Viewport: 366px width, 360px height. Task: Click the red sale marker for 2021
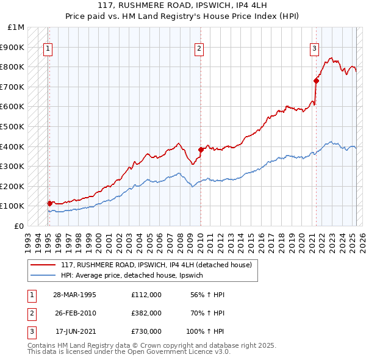[317, 81]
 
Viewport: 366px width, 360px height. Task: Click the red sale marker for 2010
[201, 149]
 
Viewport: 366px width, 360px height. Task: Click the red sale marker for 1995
[49, 203]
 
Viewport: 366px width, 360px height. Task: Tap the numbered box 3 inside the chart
[314, 50]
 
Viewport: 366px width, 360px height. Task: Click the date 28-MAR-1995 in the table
[74, 294]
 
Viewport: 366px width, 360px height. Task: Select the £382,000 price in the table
[146, 313]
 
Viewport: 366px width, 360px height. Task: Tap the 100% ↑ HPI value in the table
[205, 332]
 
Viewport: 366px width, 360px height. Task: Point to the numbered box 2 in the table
[30, 313]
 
